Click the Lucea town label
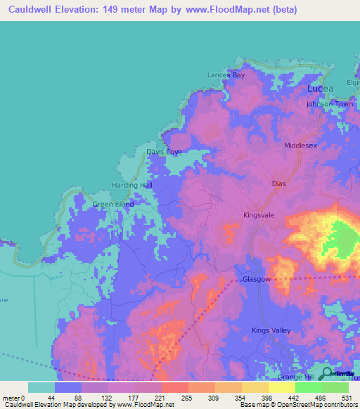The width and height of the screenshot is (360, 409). coord(321,89)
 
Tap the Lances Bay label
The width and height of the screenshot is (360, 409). coord(226,75)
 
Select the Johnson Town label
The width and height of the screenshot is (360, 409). coord(329,104)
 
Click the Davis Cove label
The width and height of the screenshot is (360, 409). coord(164,152)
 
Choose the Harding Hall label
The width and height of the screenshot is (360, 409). coord(132,185)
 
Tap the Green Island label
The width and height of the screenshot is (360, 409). coord(113,205)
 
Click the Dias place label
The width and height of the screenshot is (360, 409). coord(279,183)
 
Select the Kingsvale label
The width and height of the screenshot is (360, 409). coord(258,215)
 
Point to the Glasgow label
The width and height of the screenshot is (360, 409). coord(256,279)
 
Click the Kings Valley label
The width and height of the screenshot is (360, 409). coord(271,330)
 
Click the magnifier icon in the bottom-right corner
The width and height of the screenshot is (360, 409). coord(328,373)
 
